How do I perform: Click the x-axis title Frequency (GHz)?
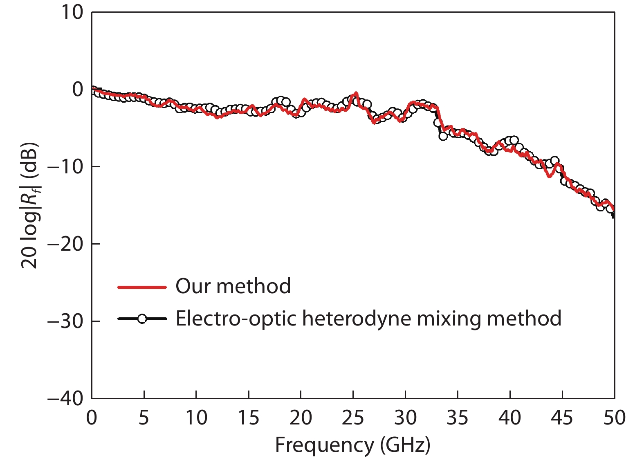click(x=352, y=445)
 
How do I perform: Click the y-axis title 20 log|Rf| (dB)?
click(x=29, y=205)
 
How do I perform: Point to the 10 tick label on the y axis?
click(x=72, y=12)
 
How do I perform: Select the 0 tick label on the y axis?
click(x=77, y=89)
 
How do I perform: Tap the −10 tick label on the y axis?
click(x=65, y=166)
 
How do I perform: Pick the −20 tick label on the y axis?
click(x=65, y=244)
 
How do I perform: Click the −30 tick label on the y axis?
click(x=65, y=321)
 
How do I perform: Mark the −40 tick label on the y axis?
click(x=65, y=398)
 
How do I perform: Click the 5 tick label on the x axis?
click(x=144, y=418)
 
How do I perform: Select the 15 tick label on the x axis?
click(x=248, y=418)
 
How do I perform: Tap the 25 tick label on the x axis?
click(x=352, y=418)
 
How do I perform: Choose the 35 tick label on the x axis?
click(x=457, y=418)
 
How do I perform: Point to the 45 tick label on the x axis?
click(x=562, y=418)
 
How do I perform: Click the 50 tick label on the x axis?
click(x=614, y=418)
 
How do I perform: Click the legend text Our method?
click(x=233, y=286)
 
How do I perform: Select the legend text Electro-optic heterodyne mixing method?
click(x=368, y=319)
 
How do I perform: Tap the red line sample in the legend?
click(x=142, y=287)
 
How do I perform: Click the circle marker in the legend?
click(x=142, y=319)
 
